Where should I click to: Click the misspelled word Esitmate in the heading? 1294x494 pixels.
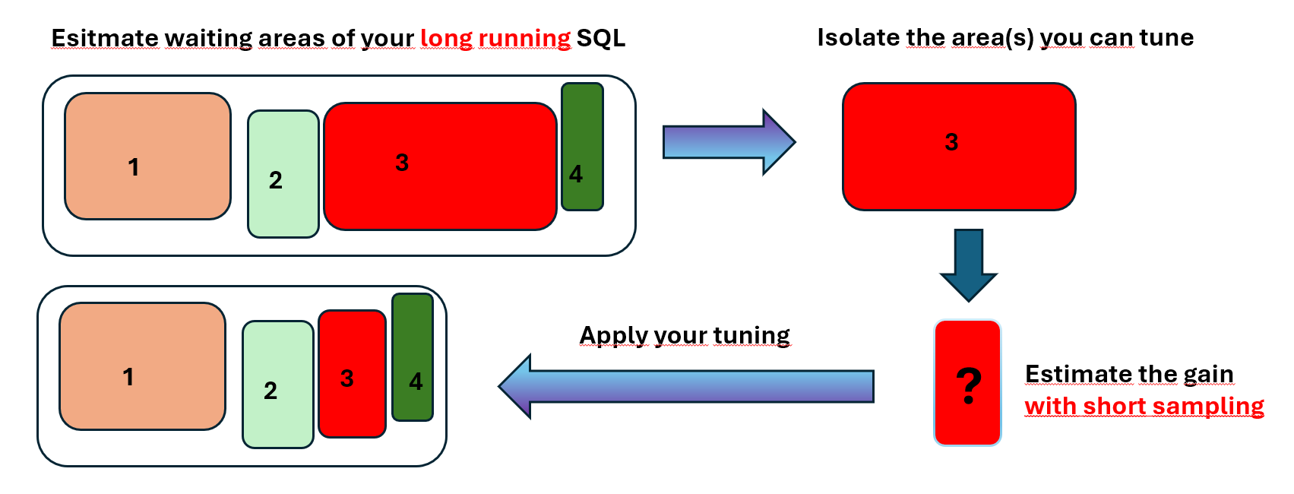tap(105, 39)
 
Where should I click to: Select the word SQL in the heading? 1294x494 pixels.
tap(601, 39)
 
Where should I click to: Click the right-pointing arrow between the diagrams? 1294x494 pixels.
tap(729, 141)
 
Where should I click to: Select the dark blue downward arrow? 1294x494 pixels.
tap(969, 265)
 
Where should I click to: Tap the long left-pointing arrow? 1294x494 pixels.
tap(686, 386)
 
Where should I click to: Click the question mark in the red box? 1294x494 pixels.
tap(969, 386)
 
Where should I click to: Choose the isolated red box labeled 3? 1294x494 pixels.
tap(959, 147)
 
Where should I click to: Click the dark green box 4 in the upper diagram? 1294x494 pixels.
tap(582, 147)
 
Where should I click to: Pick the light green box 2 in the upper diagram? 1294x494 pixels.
tap(283, 174)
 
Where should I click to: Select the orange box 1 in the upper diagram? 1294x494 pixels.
tap(148, 156)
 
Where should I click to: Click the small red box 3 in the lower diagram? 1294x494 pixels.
tap(352, 374)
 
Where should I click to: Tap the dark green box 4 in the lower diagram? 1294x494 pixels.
tap(413, 357)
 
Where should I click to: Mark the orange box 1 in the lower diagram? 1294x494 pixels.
tap(143, 366)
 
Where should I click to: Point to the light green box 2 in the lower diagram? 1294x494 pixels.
tap(278, 385)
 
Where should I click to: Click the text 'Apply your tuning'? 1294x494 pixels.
tap(685, 336)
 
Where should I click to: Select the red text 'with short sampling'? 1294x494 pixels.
tap(1144, 407)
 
